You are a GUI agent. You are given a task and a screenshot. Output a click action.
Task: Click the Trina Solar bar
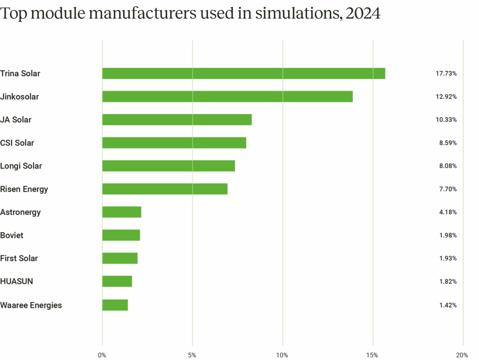pos(244,73)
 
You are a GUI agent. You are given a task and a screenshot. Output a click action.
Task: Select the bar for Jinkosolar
pos(227,96)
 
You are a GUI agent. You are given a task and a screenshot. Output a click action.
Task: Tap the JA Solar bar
pos(177,120)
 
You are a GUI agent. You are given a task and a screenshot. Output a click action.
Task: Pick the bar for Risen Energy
pos(165,189)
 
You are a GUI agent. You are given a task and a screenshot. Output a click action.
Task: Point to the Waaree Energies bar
pos(115,305)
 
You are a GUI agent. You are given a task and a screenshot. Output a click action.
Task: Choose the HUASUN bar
pos(117,281)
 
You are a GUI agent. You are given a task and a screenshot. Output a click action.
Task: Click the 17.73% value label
pos(446,73)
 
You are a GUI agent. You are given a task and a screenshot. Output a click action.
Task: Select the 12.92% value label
pos(446,97)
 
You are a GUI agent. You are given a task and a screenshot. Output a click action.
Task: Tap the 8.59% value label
pos(448,143)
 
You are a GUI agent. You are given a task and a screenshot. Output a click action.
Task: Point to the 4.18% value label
pos(448,212)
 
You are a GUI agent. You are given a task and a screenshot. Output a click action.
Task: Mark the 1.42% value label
pos(448,305)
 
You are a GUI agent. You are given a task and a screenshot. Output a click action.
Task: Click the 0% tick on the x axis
pos(102,355)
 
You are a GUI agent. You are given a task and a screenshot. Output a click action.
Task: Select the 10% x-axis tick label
pos(282,355)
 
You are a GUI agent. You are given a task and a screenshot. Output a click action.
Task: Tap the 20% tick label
pos(462,355)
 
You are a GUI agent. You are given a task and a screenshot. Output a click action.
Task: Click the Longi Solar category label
pos(21,166)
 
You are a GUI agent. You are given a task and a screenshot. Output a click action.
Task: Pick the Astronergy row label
pos(21,212)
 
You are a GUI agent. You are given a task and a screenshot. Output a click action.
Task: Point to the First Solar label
pos(19,258)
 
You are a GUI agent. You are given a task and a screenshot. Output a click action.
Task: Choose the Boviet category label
pos(12,235)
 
